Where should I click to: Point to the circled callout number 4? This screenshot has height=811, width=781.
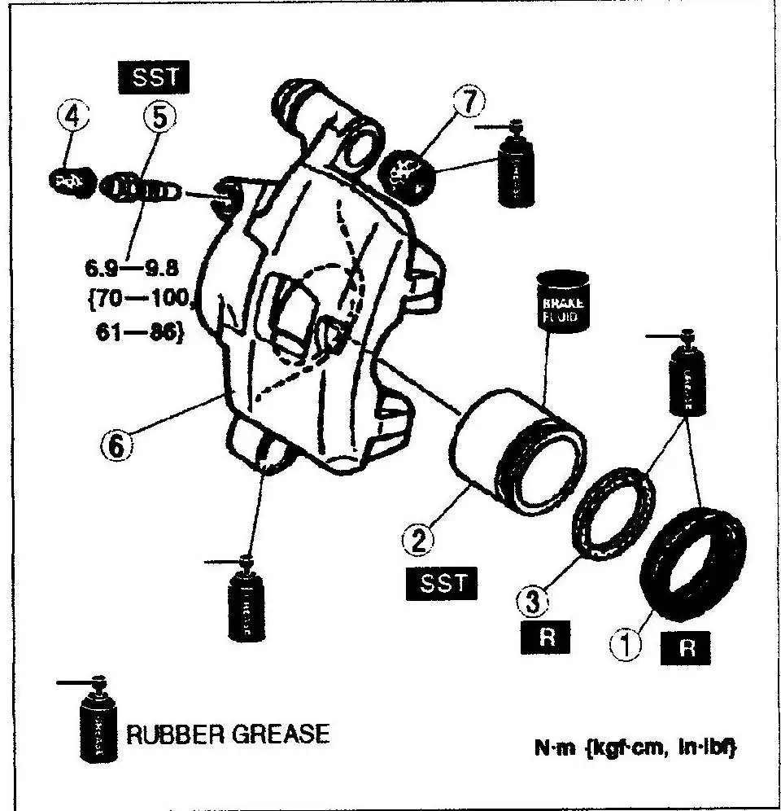[73, 116]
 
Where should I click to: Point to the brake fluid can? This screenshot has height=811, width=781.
[561, 302]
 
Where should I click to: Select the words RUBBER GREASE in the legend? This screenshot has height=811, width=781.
[229, 734]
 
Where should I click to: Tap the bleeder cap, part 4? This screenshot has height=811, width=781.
[72, 180]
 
